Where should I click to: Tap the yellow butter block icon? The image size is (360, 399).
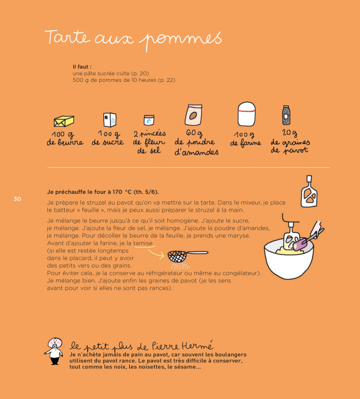[63, 121]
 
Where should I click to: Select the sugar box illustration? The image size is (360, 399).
[110, 119]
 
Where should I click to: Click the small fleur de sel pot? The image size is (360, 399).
[149, 121]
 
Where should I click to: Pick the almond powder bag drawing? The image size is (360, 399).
[194, 115]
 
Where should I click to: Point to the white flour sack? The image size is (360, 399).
[246, 114]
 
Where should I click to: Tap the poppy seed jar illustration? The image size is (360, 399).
[286, 115]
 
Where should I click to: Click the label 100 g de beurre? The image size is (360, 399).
[65, 138]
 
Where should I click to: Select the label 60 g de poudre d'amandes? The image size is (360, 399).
[196, 143]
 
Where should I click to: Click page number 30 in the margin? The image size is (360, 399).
[17, 199]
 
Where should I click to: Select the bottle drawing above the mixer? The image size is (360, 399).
[309, 191]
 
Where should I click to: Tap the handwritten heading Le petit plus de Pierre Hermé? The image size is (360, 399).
[141, 346]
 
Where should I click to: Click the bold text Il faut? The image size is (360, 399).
[82, 67]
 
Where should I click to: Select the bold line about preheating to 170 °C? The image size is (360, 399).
[102, 192]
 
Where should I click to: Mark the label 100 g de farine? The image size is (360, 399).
[246, 139]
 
